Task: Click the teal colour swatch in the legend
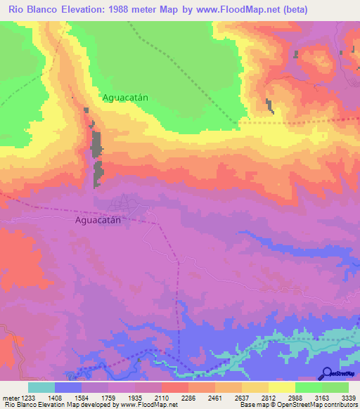[x=41, y=387]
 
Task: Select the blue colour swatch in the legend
[x=68, y=387]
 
